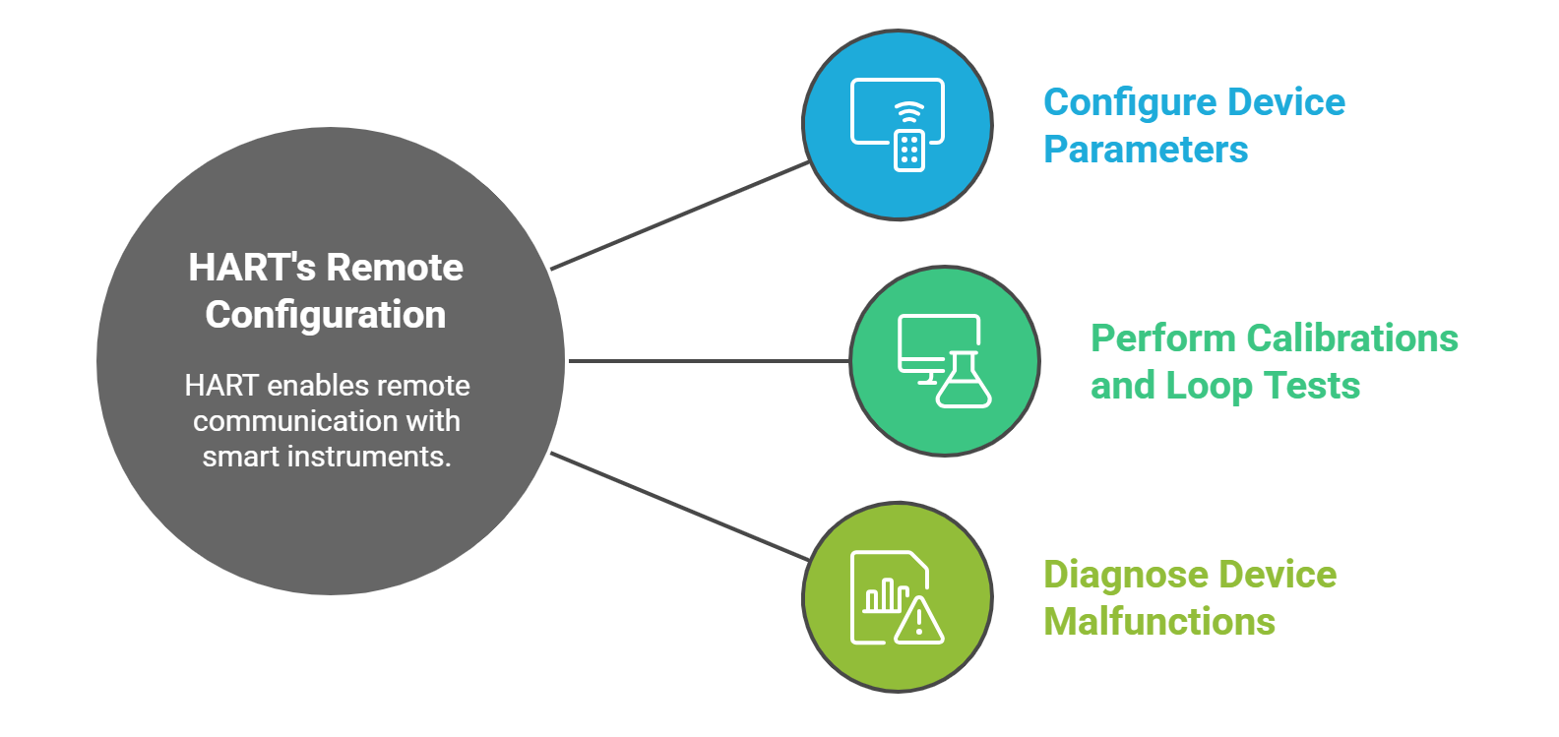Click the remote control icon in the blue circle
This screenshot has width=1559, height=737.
(909, 150)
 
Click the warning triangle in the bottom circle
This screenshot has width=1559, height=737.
(919, 620)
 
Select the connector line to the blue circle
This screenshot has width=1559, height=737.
(679, 215)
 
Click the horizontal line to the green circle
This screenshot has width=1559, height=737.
(709, 361)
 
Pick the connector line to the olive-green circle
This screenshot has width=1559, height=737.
(679, 507)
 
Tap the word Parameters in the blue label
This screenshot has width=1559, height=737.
(1146, 150)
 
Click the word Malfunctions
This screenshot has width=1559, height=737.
(1159, 622)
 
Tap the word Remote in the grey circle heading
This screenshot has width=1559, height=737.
(394, 268)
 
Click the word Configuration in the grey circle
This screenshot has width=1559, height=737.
(326, 315)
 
